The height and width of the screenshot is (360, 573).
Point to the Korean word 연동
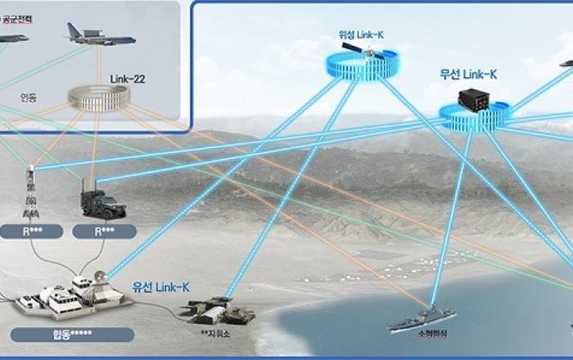pyautogui.click(x=29, y=98)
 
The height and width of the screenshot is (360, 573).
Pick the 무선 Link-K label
pyautogui.click(x=467, y=74)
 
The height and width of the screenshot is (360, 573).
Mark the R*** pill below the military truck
pyautogui.click(x=104, y=232)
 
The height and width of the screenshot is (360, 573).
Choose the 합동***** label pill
pyautogui.click(x=72, y=334)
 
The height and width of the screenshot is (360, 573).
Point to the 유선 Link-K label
pyautogui.click(x=161, y=287)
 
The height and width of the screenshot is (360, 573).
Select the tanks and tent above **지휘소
pyautogui.click(x=218, y=310)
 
